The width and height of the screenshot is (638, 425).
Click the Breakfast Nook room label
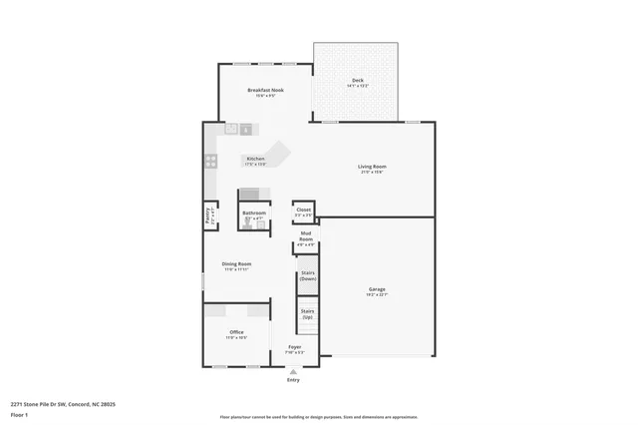click(x=265, y=91)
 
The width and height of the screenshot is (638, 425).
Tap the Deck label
click(x=357, y=80)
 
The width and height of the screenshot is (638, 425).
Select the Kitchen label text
click(x=255, y=160)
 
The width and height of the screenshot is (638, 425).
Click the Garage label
click(x=376, y=289)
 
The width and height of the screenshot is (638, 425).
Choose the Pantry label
click(x=207, y=214)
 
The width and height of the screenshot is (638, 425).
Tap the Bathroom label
click(x=254, y=212)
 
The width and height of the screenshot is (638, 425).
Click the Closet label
click(x=303, y=211)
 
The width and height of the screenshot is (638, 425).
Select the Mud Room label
click(x=306, y=236)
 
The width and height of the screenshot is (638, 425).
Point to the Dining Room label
click(x=236, y=264)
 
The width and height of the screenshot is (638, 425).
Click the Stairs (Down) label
click(x=307, y=276)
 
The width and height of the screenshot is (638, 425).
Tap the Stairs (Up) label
click(x=307, y=314)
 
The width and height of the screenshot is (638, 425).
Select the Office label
click(x=236, y=332)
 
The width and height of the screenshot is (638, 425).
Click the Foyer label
click(x=294, y=347)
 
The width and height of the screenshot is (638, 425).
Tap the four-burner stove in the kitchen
click(x=211, y=161)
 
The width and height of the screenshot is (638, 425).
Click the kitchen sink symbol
click(x=239, y=128)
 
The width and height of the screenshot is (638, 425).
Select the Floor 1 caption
click(x=19, y=414)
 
